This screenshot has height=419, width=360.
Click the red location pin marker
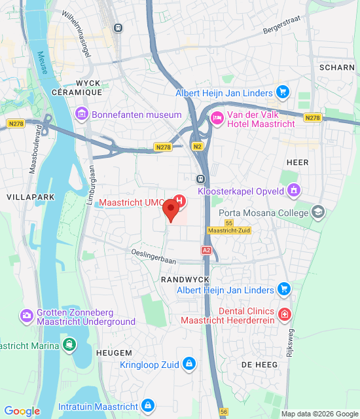171,210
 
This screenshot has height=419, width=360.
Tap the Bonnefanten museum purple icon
82,115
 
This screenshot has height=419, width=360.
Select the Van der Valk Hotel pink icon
217,118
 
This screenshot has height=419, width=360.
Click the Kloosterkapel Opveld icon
295,190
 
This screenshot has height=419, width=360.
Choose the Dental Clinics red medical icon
283,314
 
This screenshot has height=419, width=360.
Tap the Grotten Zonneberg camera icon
27,316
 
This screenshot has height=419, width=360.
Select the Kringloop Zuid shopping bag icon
189,363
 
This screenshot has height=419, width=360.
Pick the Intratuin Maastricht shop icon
149,406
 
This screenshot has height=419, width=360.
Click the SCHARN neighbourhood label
336,67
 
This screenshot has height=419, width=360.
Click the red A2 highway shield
206,250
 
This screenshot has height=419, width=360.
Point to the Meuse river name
43,63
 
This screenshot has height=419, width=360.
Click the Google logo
22,411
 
